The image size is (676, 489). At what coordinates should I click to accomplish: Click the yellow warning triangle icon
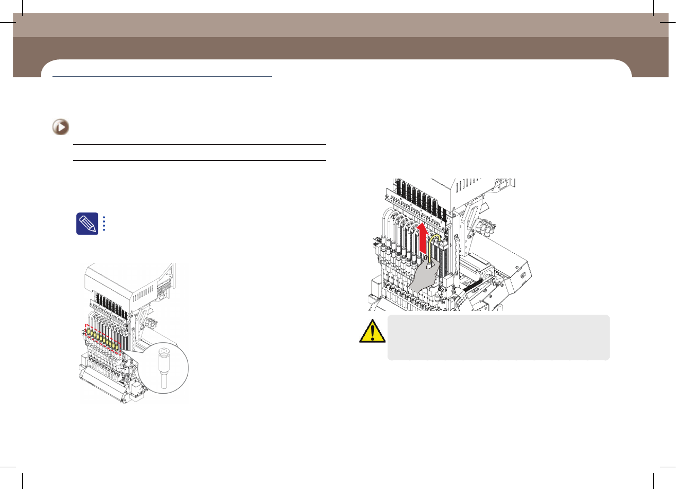[372, 331]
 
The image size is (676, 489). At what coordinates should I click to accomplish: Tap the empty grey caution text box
[498, 337]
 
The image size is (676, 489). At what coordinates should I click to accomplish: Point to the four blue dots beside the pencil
[104, 224]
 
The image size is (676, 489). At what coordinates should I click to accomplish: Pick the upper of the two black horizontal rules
[198, 145]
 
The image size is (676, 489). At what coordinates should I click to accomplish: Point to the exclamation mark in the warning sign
[372, 333]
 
